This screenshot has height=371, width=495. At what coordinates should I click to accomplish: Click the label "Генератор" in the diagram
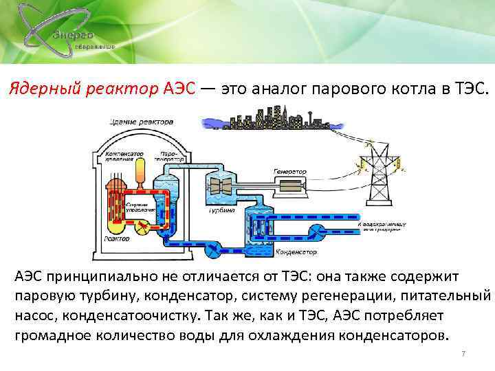(289, 171)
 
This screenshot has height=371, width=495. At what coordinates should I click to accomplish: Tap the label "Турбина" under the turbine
(222, 211)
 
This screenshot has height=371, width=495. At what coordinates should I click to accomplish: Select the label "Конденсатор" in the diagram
(296, 252)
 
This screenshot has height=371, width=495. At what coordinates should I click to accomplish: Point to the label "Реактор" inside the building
(117, 238)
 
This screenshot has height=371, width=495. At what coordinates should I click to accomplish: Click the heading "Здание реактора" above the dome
(133, 122)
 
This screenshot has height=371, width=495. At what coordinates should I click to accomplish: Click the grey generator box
(295, 186)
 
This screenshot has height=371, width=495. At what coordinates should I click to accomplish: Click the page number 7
(463, 354)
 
